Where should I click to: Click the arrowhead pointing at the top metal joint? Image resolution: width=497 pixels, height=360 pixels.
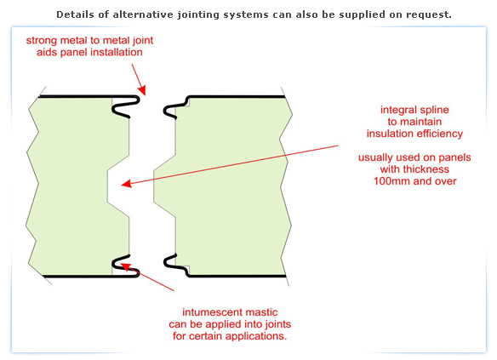coord(142,90)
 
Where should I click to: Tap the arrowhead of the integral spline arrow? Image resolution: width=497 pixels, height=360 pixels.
coord(126,184)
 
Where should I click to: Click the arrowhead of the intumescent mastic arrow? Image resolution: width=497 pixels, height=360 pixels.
coord(125,266)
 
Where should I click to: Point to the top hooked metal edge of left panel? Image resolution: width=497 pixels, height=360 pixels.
coord(125,106)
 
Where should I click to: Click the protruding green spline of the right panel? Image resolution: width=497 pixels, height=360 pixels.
coord(164,186)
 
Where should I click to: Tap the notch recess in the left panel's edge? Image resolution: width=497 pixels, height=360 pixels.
coord(118,186)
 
